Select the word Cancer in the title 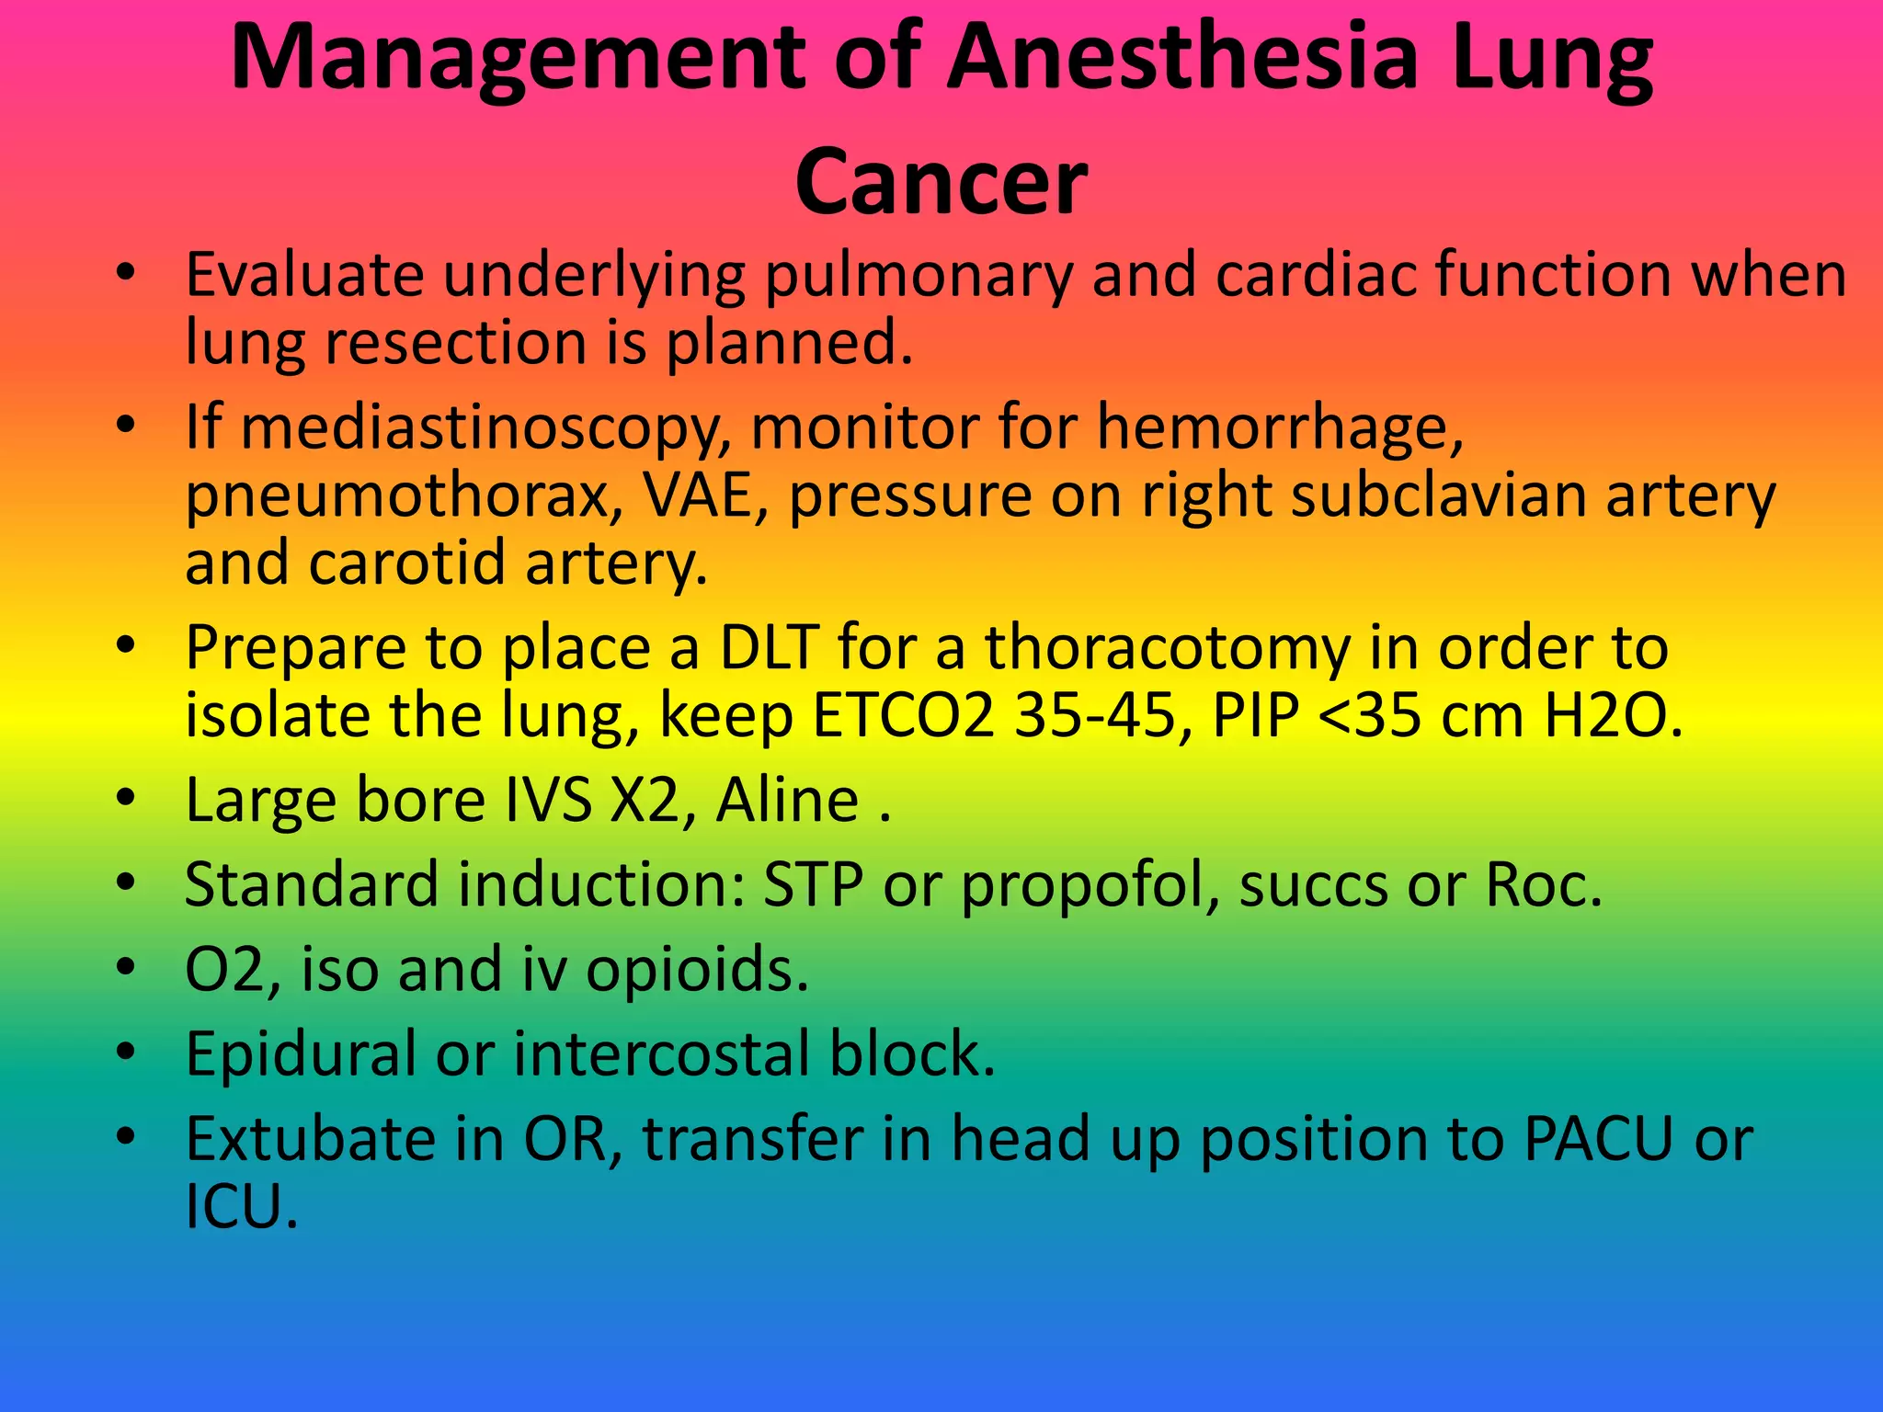pos(941,182)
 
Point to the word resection pos(455,343)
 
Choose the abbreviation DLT pos(769,648)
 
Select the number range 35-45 pos(1095,716)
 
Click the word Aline pos(787,800)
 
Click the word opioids pos(697,971)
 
